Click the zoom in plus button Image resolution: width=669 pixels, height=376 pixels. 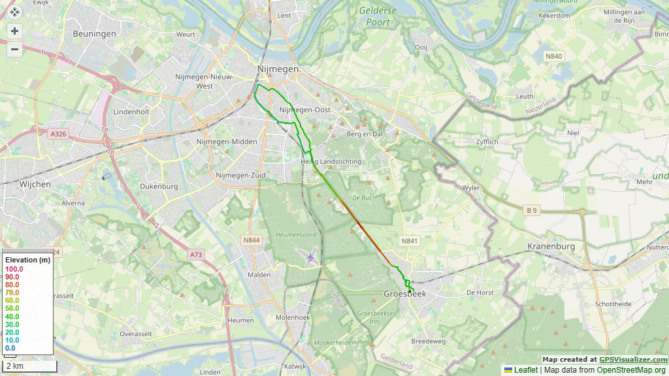point(14,31)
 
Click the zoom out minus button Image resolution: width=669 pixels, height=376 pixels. point(14,49)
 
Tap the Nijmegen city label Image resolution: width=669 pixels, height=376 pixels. point(278,69)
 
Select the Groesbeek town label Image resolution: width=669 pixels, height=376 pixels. point(404,294)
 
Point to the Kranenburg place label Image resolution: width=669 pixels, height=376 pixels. point(551,247)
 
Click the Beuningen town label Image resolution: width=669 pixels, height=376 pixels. point(95,34)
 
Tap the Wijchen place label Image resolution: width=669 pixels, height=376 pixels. point(35,185)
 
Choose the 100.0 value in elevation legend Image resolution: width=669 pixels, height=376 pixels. point(14,269)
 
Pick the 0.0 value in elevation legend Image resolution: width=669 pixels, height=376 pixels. point(10,348)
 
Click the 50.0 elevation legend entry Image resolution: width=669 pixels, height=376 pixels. point(12,308)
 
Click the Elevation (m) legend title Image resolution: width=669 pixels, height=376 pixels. point(27,260)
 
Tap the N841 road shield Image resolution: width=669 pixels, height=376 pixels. point(410,241)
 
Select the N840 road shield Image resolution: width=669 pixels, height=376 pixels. point(553,56)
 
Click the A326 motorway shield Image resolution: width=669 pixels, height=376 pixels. point(58,134)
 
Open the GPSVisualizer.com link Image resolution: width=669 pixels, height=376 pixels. point(633,360)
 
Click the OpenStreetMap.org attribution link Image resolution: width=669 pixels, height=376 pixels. point(631,370)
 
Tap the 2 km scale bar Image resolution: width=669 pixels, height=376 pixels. point(26,366)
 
